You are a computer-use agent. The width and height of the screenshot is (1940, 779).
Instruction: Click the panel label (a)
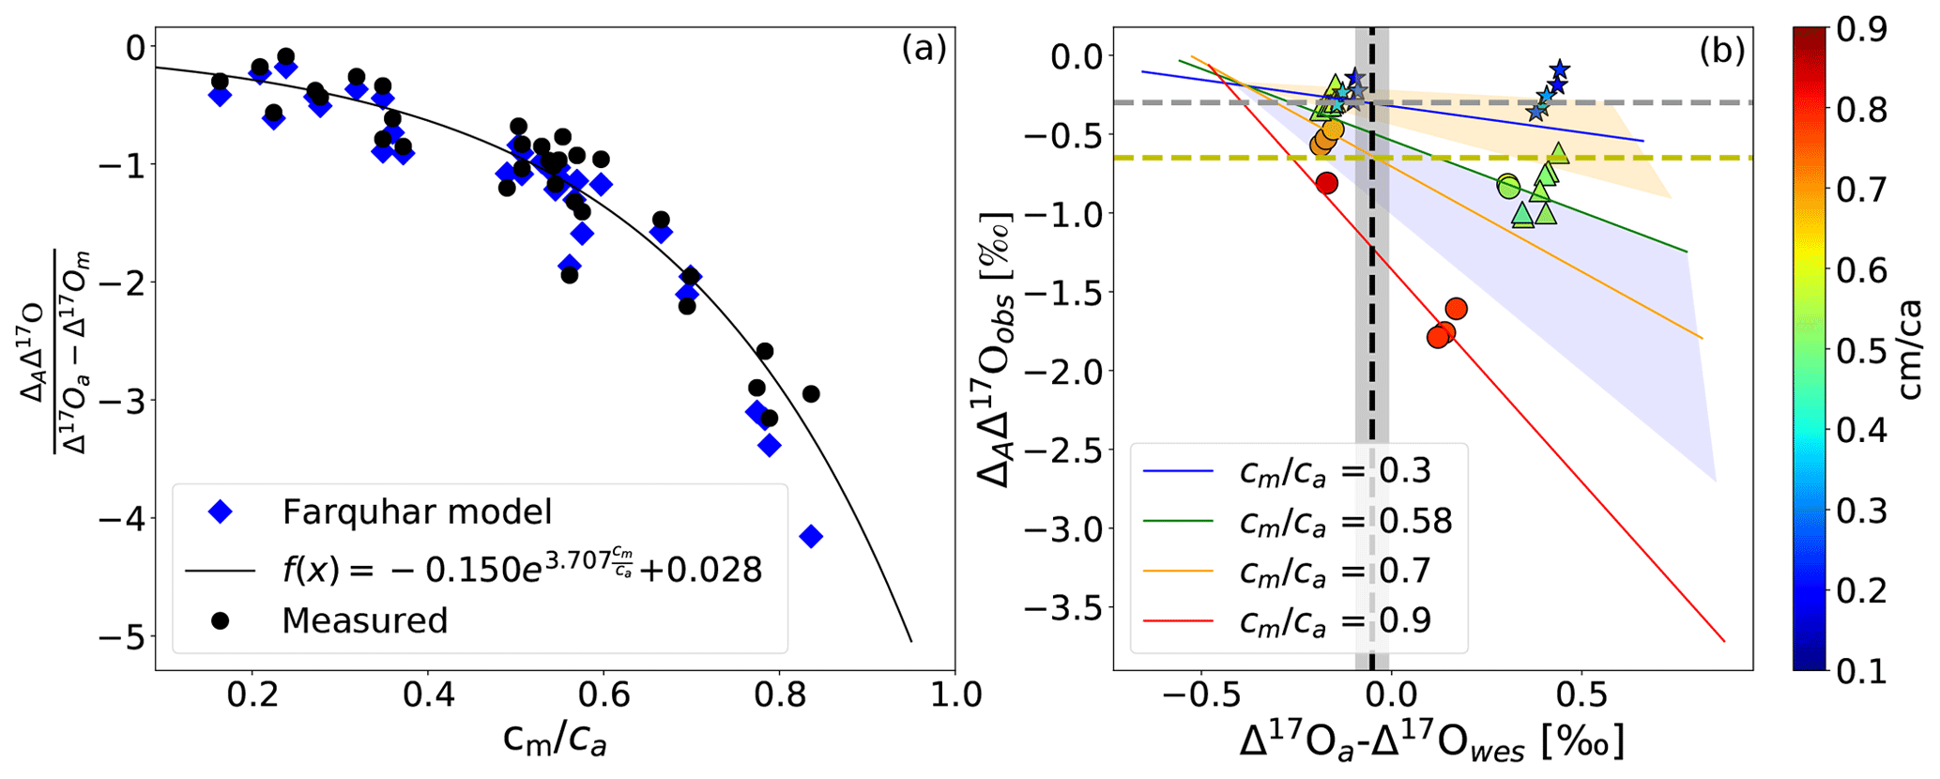pyautogui.click(x=924, y=49)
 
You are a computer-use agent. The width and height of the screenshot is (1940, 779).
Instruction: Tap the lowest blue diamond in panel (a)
pyautogui.click(x=811, y=536)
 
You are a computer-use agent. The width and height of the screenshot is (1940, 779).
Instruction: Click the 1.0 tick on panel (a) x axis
pyautogui.click(x=954, y=695)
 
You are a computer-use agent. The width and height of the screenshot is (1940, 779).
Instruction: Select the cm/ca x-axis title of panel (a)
pyautogui.click(x=555, y=741)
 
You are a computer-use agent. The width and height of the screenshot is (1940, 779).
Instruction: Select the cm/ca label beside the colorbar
pyautogui.click(x=1909, y=349)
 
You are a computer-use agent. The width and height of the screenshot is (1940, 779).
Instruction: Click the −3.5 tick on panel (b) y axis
pyautogui.click(x=1061, y=608)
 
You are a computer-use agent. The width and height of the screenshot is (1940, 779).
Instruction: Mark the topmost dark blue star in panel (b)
pyautogui.click(x=1560, y=69)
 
